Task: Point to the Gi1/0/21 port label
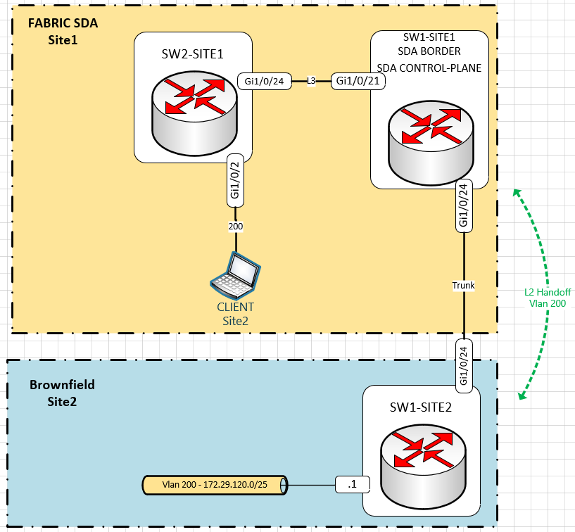click(x=359, y=81)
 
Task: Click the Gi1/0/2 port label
click(x=236, y=181)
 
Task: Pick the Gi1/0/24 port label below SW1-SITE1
click(x=463, y=205)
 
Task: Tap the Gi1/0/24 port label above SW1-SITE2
click(x=463, y=363)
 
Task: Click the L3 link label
click(x=311, y=82)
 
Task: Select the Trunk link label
click(x=464, y=286)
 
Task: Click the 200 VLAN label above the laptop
click(x=235, y=227)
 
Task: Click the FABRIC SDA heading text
click(x=63, y=23)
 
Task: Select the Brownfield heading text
click(x=62, y=385)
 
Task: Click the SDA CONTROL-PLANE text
click(x=429, y=68)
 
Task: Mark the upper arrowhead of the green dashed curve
click(x=517, y=192)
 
